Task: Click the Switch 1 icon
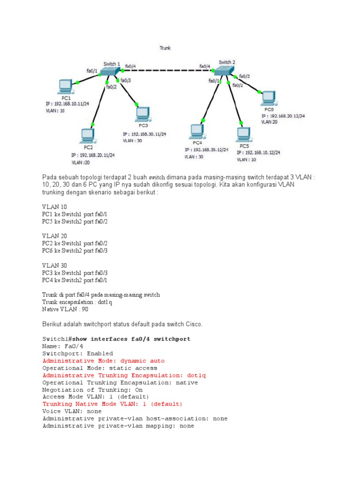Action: pyautogui.click(x=110, y=71)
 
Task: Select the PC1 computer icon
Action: pyautogui.click(x=65, y=87)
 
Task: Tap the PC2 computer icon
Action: pyautogui.click(x=88, y=136)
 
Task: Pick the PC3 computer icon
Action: pyautogui.click(x=143, y=114)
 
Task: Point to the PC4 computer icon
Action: pyautogui.click(x=197, y=132)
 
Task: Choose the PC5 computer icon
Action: pyautogui.click(x=244, y=135)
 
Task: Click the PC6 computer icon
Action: pyautogui.click(x=269, y=98)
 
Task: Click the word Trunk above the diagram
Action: pyautogui.click(x=165, y=48)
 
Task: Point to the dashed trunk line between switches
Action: pyautogui.click(x=168, y=70)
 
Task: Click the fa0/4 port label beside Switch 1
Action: pyautogui.click(x=130, y=67)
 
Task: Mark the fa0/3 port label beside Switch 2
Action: pyautogui.click(x=244, y=76)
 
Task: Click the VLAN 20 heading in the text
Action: pyautogui.click(x=54, y=236)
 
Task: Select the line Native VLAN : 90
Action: pyautogui.click(x=65, y=309)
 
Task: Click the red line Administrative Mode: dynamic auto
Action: pyautogui.click(x=104, y=361)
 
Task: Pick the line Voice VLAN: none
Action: pyautogui.click(x=72, y=412)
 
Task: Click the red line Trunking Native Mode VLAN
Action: pyautogui.click(x=112, y=404)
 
